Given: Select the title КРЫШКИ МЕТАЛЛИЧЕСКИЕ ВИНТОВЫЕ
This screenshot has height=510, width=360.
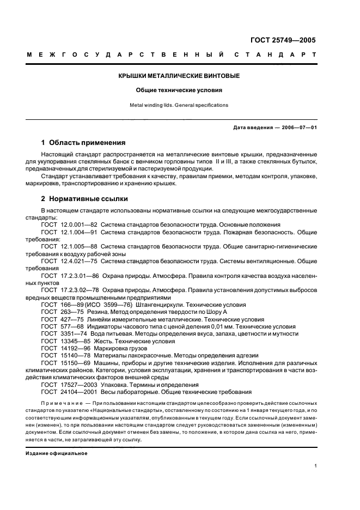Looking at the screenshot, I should click(x=179, y=76).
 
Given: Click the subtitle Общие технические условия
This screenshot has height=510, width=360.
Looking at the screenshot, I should click(x=179, y=90).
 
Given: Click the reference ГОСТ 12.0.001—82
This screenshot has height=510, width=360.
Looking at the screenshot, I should click(x=68, y=224).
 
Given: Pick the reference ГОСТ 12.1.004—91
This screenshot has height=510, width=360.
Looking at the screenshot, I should click(x=68, y=232).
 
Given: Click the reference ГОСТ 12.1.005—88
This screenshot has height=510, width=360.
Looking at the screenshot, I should click(x=68, y=246).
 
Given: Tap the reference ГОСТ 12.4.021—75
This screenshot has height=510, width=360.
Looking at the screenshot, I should click(x=68, y=261).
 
